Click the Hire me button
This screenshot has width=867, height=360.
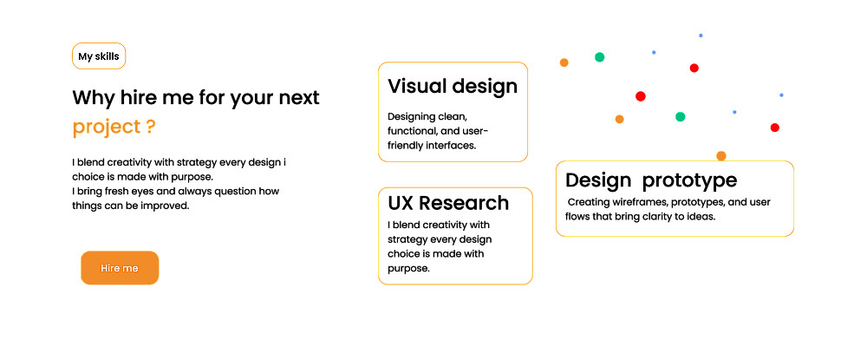click(120, 268)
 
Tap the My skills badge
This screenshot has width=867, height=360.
click(99, 56)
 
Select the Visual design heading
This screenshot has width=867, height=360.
click(453, 86)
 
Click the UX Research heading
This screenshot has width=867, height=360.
click(448, 203)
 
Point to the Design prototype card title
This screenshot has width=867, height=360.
click(651, 180)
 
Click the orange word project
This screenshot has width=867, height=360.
click(107, 128)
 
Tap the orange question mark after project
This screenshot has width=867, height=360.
click(151, 127)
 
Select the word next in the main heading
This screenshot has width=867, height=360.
click(299, 98)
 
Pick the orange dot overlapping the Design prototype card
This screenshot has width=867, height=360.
click(721, 156)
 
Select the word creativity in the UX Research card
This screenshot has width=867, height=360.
click(449, 226)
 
